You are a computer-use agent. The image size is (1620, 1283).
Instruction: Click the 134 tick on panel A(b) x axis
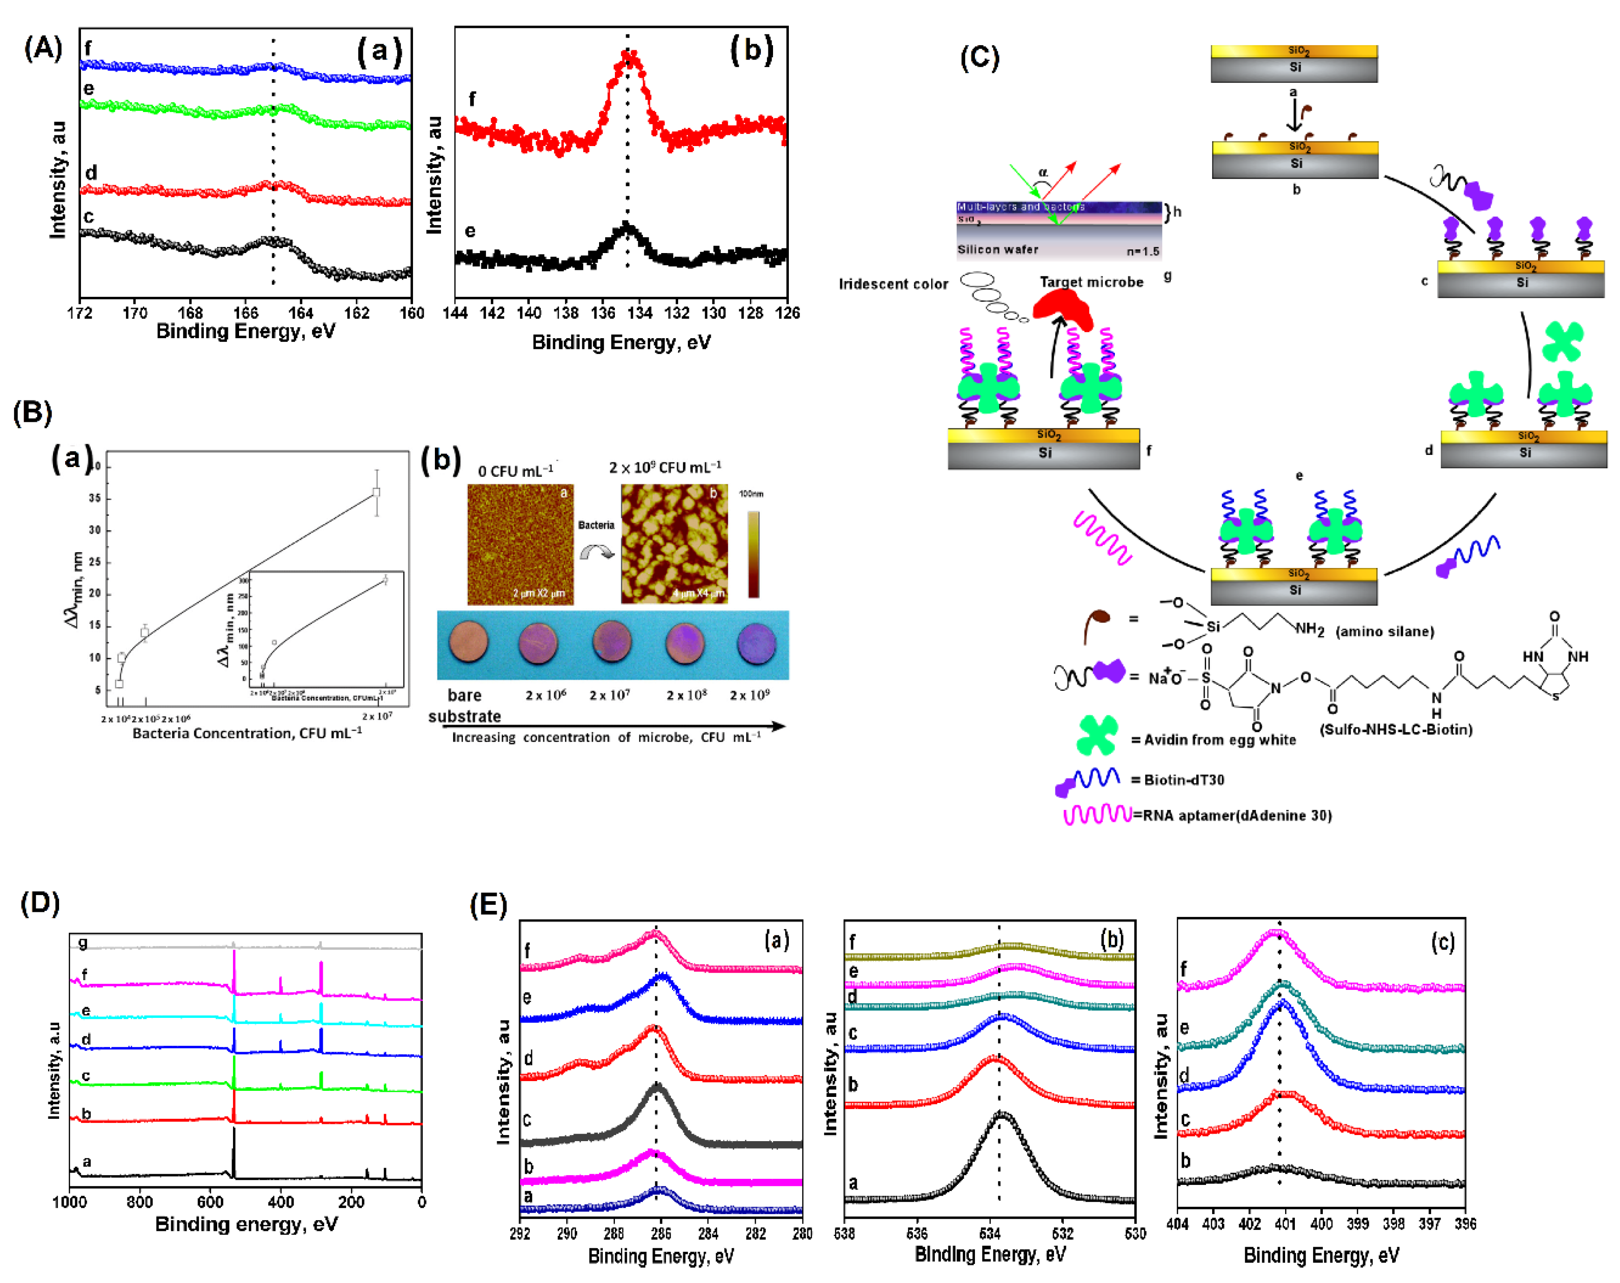click(x=640, y=313)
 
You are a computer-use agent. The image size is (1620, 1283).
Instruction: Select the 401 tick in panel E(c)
click(x=1285, y=1223)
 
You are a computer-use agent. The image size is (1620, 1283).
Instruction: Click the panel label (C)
click(x=980, y=58)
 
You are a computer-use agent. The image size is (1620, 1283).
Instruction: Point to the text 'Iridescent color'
click(x=893, y=284)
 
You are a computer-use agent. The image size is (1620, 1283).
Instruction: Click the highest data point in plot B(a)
click(x=376, y=493)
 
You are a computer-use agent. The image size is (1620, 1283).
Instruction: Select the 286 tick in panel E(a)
click(x=661, y=1233)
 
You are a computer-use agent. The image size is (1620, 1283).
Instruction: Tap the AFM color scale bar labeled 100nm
click(x=753, y=555)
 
